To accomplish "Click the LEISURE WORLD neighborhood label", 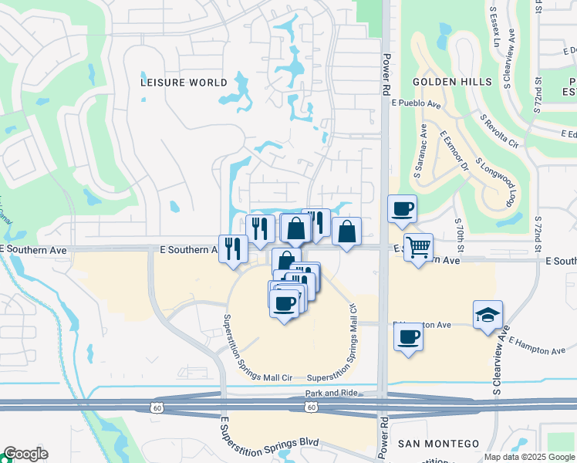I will coord(184,82).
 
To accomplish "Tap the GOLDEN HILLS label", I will coord(452,81).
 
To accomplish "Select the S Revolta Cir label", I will coord(499,131).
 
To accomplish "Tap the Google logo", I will coord(25,454).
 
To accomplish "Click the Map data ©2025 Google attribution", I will coord(529,457).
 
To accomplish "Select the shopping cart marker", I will coord(418,248).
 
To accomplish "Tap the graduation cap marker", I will coord(488,315).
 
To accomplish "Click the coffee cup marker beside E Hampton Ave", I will coord(408,336).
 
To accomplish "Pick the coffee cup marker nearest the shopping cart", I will coord(402,209).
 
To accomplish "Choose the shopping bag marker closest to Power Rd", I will coord(346,231).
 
